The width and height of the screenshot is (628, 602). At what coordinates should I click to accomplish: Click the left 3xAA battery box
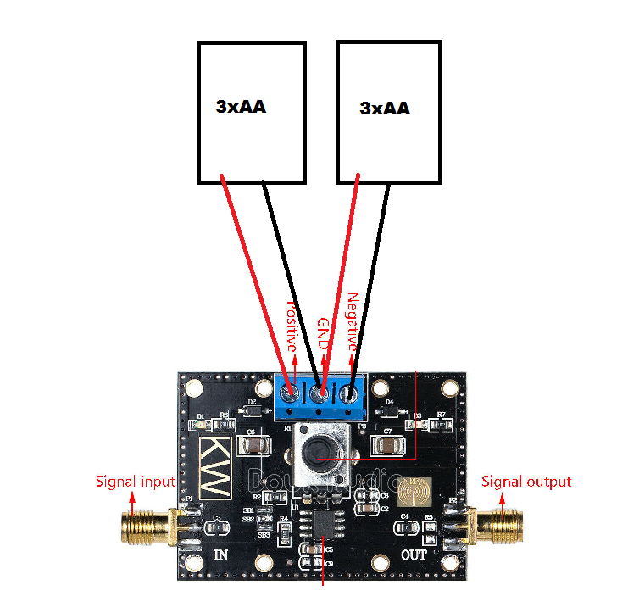click(x=251, y=112)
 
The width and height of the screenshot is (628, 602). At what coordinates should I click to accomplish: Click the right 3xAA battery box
click(x=390, y=112)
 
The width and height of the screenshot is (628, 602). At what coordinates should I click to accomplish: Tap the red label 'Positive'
click(x=291, y=326)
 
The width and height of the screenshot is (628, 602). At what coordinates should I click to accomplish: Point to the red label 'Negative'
click(x=353, y=322)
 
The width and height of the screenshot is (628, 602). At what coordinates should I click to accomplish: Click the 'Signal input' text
click(x=135, y=482)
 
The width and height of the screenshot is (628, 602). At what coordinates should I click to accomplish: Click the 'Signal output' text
click(x=526, y=482)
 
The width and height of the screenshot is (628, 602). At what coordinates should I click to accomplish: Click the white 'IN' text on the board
click(x=221, y=555)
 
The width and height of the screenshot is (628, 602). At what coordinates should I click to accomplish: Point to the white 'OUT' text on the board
click(x=414, y=555)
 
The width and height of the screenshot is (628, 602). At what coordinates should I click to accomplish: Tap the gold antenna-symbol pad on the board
click(x=415, y=490)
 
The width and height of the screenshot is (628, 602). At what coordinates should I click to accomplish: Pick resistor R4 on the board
click(x=285, y=532)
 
